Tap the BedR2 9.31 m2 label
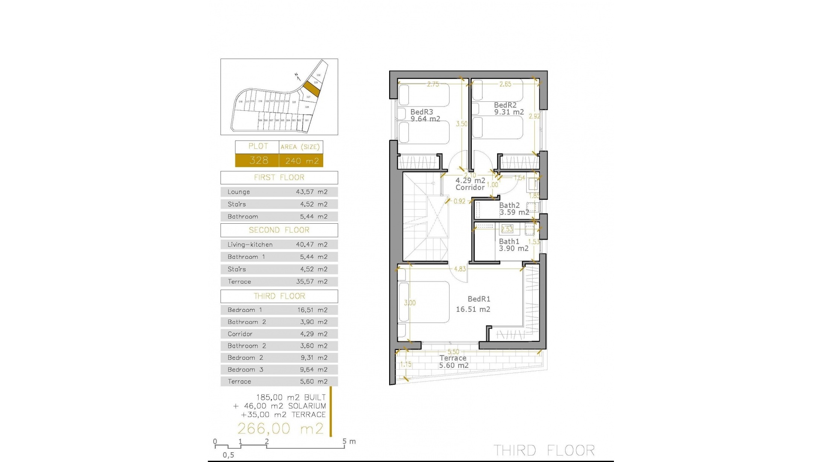click(x=508, y=109)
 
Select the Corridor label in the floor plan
click(x=470, y=187)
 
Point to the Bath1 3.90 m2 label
click(x=513, y=245)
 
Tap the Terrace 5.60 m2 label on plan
click(x=453, y=362)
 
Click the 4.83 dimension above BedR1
click(x=460, y=269)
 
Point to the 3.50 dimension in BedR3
click(x=462, y=124)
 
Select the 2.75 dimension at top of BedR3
click(x=433, y=84)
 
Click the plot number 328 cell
click(x=258, y=160)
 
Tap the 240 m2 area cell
click(x=302, y=161)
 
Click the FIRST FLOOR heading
click(x=279, y=178)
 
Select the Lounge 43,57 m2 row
click(x=279, y=192)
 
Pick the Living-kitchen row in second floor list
click(x=279, y=245)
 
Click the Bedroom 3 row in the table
click(x=279, y=370)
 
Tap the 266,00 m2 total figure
click(x=280, y=429)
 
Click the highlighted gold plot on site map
click(x=312, y=89)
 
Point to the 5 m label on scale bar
click(x=349, y=441)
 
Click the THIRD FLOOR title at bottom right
click(x=544, y=450)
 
